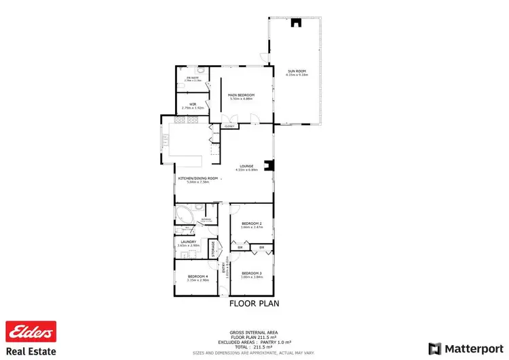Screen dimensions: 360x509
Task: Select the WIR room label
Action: (193, 104)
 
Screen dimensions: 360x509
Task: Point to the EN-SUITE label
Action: (193, 79)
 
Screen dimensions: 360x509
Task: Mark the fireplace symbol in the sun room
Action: (295, 23)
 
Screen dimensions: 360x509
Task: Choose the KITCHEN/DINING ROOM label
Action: (198, 179)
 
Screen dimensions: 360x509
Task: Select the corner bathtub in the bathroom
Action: (183, 217)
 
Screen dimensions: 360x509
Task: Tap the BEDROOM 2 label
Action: (251, 223)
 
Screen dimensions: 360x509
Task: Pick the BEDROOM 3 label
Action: (251, 273)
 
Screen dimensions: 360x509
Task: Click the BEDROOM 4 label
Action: (197, 276)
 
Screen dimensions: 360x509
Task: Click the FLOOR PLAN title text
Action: (254, 303)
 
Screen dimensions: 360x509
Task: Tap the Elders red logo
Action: (29, 332)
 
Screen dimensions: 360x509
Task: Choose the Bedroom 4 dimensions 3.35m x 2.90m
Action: (197, 280)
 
